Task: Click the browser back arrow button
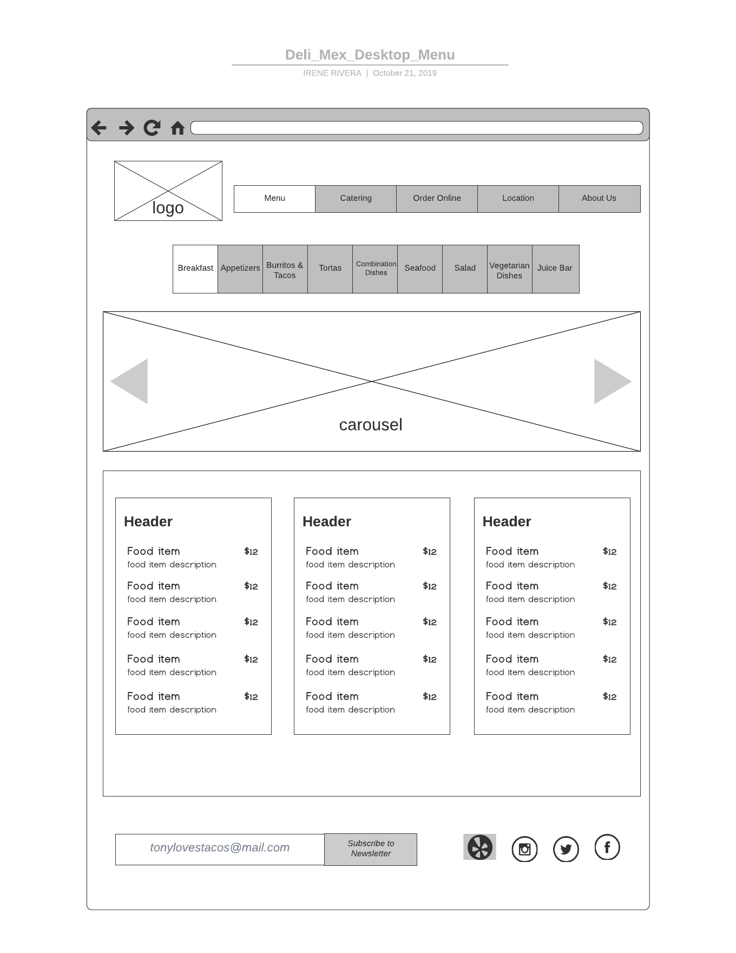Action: point(99,128)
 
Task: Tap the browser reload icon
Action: point(152,128)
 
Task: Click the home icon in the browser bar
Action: point(178,128)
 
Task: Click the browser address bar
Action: point(417,128)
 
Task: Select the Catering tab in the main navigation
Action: point(356,199)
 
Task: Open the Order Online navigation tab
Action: point(437,199)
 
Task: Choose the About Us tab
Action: point(599,199)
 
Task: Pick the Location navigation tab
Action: point(518,199)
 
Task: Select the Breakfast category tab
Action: point(195,269)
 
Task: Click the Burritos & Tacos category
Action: point(285,270)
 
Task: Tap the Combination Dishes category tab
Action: point(376,269)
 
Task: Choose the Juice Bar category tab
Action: point(555,269)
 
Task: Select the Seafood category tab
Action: point(420,269)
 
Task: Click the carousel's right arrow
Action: point(610,381)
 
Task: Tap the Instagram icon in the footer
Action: point(524,849)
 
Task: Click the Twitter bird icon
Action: point(566,849)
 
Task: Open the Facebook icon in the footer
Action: point(607,847)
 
